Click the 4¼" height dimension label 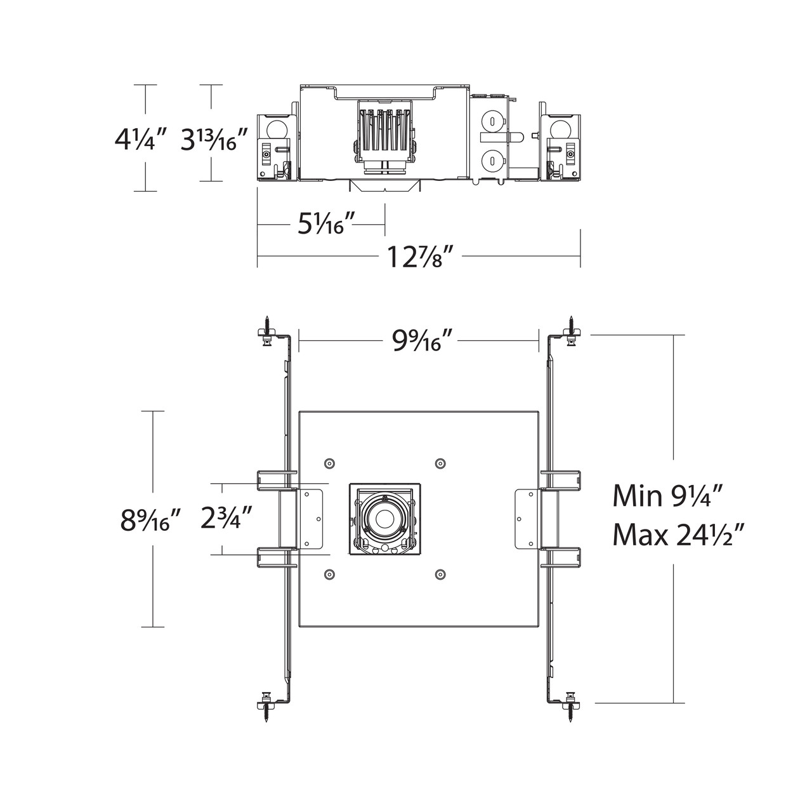coord(141,140)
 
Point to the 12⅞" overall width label coord(421,257)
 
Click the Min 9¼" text coord(676,495)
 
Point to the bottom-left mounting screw coord(268,710)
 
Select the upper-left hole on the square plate coord(329,463)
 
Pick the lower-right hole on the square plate coord(440,575)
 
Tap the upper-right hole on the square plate coord(440,463)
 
